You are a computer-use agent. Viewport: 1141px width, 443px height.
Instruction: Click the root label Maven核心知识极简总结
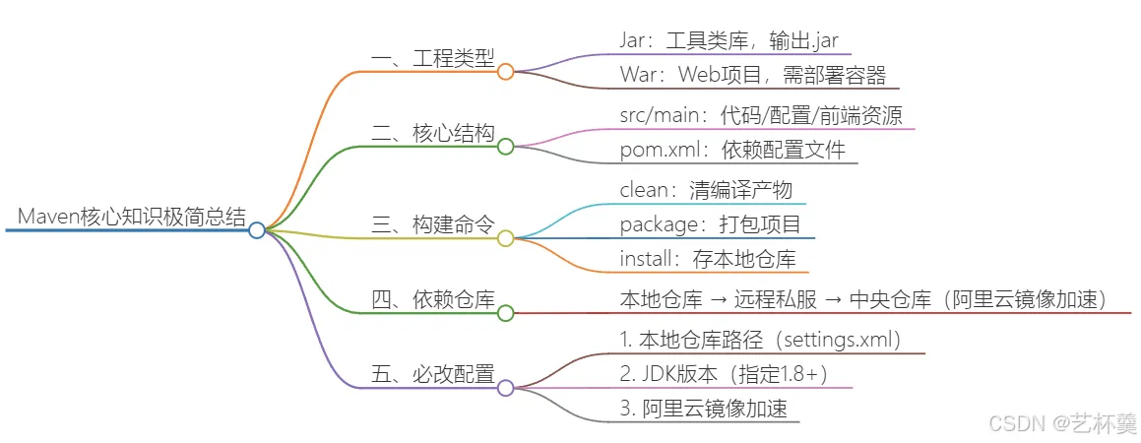(x=132, y=217)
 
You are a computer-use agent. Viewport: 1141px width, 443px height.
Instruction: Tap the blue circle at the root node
(x=256, y=230)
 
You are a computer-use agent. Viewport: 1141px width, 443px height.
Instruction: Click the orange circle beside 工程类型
(x=506, y=71)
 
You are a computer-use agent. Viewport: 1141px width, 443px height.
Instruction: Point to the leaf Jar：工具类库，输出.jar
(x=731, y=40)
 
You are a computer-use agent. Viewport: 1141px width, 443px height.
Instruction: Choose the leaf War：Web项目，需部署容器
(x=753, y=75)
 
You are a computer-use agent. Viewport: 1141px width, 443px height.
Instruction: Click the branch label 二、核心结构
(x=433, y=133)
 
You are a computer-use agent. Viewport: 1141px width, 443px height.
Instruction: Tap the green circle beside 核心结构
(x=506, y=147)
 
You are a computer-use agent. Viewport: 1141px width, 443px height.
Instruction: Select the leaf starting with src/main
(x=762, y=116)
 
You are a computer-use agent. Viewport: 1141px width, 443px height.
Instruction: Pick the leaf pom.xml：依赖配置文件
(x=732, y=151)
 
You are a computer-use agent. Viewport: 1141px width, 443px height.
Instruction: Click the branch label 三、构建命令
(x=433, y=224)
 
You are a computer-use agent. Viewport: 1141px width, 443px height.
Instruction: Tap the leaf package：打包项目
(x=711, y=224)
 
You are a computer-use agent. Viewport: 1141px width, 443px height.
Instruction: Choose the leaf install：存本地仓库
(x=708, y=258)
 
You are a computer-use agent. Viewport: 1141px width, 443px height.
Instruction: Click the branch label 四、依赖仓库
(x=433, y=299)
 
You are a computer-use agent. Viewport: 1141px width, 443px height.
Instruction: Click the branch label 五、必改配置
(x=433, y=375)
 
